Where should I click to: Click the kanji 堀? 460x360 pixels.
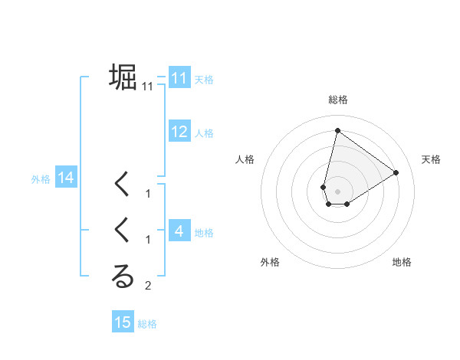123,77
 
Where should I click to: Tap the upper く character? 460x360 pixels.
123,185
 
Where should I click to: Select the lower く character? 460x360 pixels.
123,231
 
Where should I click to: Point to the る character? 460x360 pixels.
123,277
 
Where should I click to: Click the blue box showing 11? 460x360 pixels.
179,77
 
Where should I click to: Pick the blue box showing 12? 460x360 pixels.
179,132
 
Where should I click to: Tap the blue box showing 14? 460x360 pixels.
65,178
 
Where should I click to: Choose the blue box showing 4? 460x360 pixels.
179,231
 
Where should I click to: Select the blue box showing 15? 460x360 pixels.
123,322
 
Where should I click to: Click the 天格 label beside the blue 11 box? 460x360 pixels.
204,79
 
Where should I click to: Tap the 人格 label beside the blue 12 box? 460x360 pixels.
204,133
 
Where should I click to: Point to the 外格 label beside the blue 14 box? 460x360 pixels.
41,179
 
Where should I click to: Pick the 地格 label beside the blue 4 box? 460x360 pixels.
204,232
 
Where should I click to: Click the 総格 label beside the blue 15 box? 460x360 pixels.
148,324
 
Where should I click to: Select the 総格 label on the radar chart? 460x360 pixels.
338,100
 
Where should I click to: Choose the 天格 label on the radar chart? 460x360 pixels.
432,159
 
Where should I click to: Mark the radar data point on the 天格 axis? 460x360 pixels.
396,172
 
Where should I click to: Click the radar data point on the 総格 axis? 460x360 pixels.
337,131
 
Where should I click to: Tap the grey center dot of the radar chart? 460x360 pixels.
337,191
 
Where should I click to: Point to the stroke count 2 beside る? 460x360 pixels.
148,286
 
